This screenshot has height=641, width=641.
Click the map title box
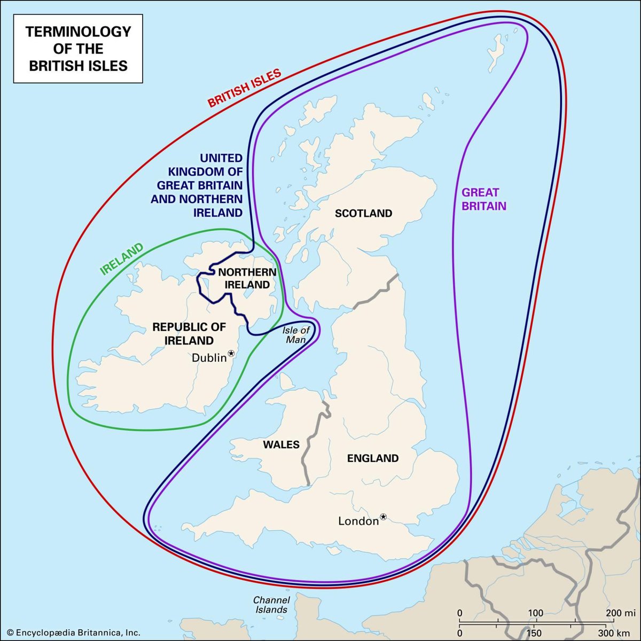(78, 49)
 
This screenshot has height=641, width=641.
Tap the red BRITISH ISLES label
(244, 89)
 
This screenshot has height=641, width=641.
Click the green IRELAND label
(122, 259)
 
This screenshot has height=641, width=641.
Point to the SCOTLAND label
(363, 214)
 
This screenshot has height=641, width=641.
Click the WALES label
(281, 444)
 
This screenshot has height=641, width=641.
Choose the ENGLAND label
(373, 458)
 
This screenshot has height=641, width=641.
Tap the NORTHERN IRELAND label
(247, 278)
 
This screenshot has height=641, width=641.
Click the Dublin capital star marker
(231, 353)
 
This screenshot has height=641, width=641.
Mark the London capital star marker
(383, 517)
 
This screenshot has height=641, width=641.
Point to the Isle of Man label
(296, 335)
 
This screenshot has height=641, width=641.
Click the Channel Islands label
(271, 605)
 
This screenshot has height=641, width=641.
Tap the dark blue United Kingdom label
(198, 185)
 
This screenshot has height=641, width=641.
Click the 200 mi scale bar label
(621, 613)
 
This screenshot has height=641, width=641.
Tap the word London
(358, 521)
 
